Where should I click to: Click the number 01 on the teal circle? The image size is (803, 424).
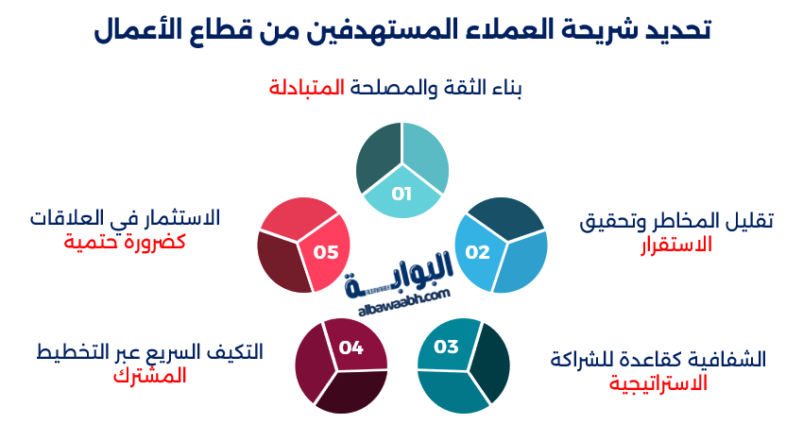[401, 195]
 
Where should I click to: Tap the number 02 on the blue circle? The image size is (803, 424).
[477, 252]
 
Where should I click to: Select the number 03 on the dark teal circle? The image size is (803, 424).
[446, 347]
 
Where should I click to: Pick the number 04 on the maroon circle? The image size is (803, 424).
[351, 348]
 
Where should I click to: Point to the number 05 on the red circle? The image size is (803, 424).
[326, 252]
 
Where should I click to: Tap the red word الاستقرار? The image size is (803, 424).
[675, 246]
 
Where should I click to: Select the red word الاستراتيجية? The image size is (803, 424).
[658, 383]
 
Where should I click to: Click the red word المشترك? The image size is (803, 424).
[150, 375]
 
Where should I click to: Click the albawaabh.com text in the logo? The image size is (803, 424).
[403, 298]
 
